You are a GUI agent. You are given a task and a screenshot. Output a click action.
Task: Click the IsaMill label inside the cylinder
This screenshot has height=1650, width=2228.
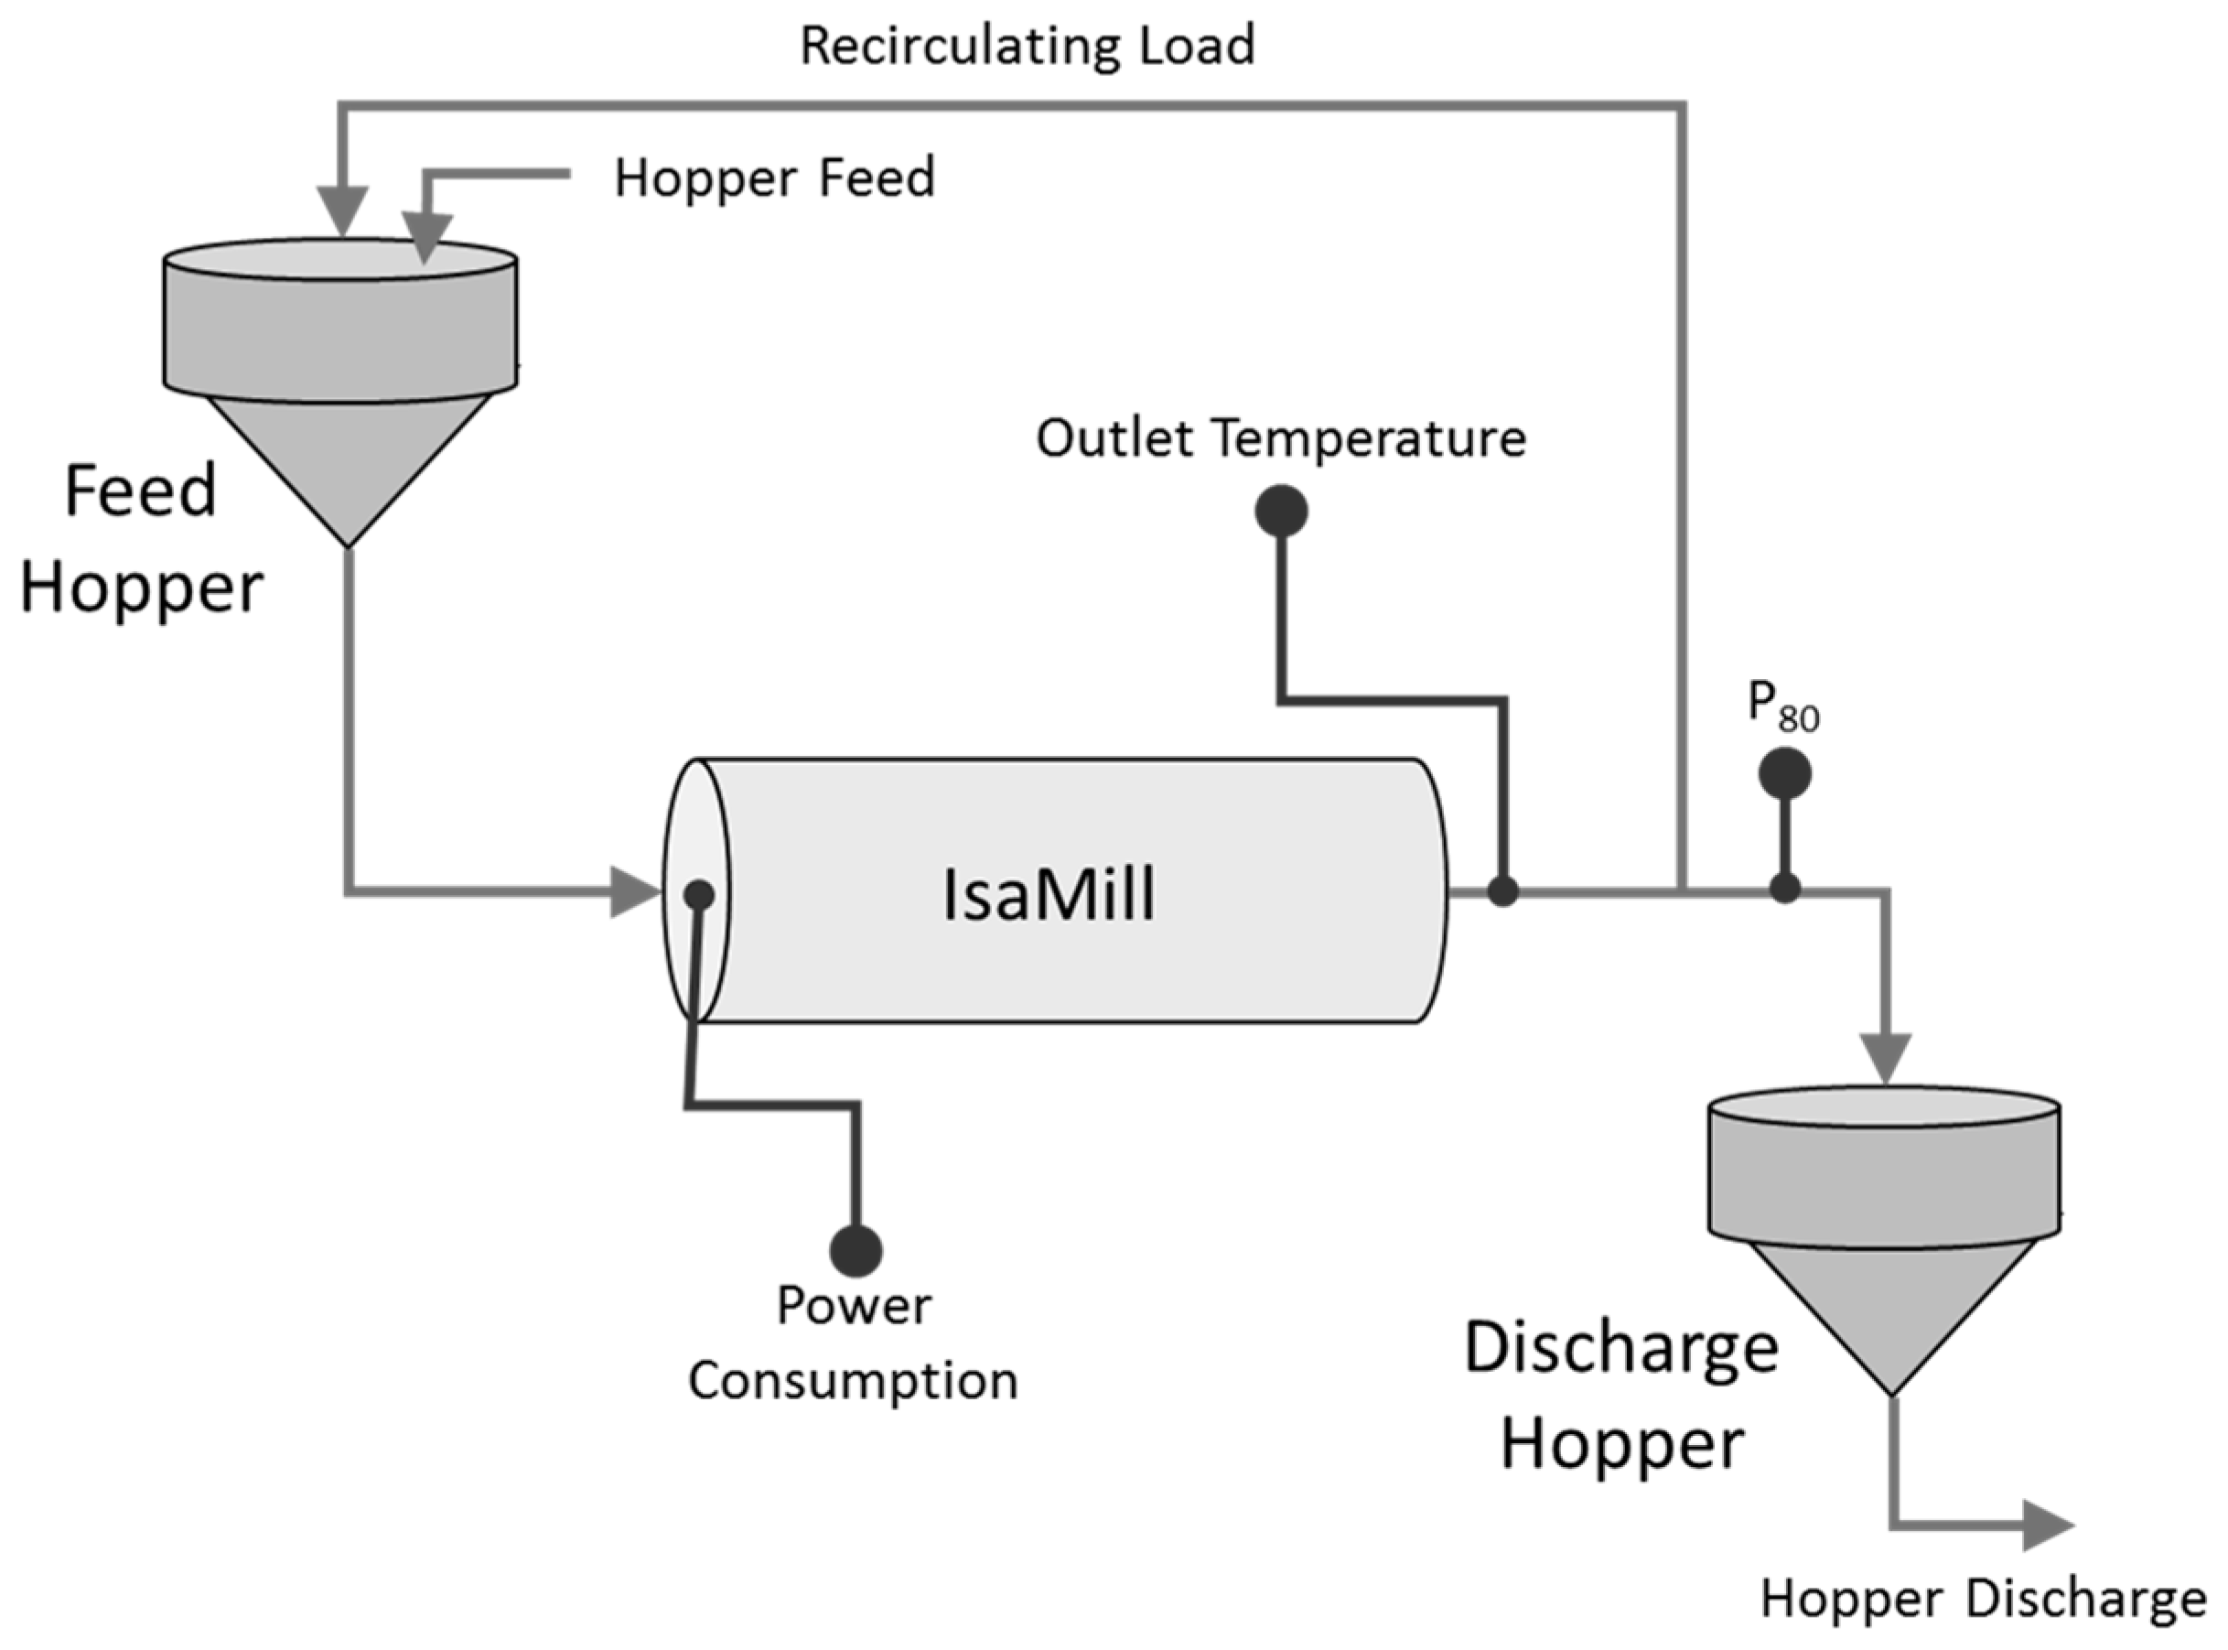click(x=1049, y=895)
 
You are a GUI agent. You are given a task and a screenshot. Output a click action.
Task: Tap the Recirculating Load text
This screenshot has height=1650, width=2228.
click(x=1027, y=47)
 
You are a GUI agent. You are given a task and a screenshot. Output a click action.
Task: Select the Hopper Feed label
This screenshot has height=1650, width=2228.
click(x=774, y=178)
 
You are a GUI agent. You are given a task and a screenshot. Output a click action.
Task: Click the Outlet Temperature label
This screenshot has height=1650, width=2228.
click(x=1280, y=438)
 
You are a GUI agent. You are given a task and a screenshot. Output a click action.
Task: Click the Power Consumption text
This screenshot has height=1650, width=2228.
click(x=854, y=1343)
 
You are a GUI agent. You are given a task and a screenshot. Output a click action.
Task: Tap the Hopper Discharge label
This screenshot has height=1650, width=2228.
click(x=1983, y=1599)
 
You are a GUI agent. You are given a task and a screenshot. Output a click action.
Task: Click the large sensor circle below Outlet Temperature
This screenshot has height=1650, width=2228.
click(x=1281, y=512)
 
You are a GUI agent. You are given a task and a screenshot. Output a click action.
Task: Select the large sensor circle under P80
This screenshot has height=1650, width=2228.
click(x=1784, y=775)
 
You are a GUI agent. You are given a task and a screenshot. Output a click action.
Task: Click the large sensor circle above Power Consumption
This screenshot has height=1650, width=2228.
click(x=856, y=1250)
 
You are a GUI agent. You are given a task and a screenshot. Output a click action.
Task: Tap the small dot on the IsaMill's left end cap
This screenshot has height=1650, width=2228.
click(x=699, y=894)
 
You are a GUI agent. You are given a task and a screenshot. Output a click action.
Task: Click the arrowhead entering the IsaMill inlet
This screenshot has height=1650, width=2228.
click(x=635, y=892)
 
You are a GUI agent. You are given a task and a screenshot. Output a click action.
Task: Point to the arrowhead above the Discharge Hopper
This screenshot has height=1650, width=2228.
click(x=1886, y=1059)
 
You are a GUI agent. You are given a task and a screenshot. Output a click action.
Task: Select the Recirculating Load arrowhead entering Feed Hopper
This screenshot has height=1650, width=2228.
click(x=342, y=211)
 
